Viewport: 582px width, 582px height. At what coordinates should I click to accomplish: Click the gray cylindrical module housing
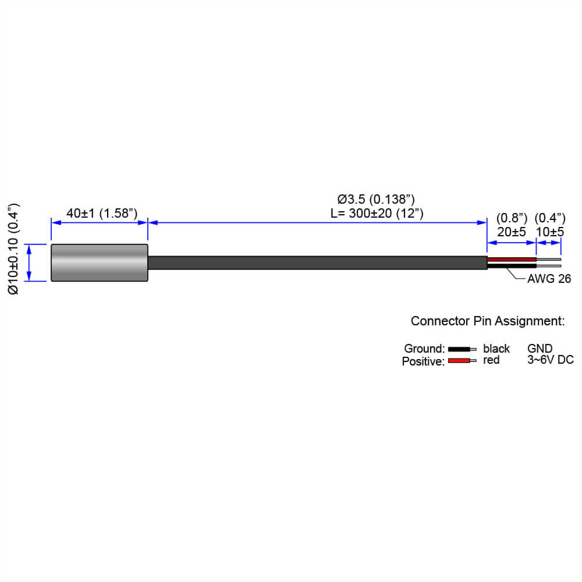(100, 263)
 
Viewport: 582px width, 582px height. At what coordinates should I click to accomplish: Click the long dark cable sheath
(318, 263)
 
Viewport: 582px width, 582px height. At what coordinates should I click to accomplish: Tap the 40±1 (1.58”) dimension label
(102, 214)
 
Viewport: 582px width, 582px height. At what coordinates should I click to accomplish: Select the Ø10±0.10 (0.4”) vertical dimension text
(13, 249)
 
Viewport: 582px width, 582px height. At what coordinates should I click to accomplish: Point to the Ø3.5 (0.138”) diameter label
(376, 199)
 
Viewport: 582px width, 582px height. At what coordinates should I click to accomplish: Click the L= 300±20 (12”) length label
(377, 214)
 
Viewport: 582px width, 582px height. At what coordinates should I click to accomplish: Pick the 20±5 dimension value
(512, 232)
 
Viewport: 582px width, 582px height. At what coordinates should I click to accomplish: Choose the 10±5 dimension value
(550, 232)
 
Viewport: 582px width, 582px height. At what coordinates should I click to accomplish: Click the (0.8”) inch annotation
(512, 218)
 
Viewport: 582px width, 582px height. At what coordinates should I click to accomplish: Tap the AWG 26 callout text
(549, 279)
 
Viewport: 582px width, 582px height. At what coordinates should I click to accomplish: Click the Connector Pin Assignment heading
(488, 321)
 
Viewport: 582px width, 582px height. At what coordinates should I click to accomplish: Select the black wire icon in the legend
(462, 349)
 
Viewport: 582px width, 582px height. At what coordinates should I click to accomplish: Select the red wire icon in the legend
(462, 360)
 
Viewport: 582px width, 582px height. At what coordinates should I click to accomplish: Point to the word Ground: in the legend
(424, 349)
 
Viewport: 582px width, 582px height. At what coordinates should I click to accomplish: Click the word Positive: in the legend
(423, 361)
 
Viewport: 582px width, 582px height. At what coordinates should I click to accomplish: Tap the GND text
(540, 349)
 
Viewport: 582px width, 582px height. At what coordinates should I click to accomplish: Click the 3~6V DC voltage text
(551, 360)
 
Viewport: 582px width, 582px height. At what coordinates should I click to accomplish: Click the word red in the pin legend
(491, 360)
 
